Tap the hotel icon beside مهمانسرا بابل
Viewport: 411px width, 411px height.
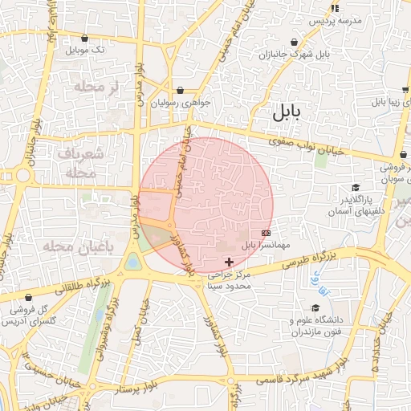pyautogui.click(x=267, y=233)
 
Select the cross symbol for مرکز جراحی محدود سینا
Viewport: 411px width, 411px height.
pyautogui.click(x=230, y=262)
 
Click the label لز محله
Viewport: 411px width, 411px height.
pyautogui.click(x=96, y=86)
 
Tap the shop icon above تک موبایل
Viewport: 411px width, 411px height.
pyautogui.click(x=84, y=37)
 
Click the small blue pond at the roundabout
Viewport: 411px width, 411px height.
pyautogui.click(x=132, y=262)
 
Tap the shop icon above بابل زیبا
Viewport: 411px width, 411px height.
pyautogui.click(x=406, y=91)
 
